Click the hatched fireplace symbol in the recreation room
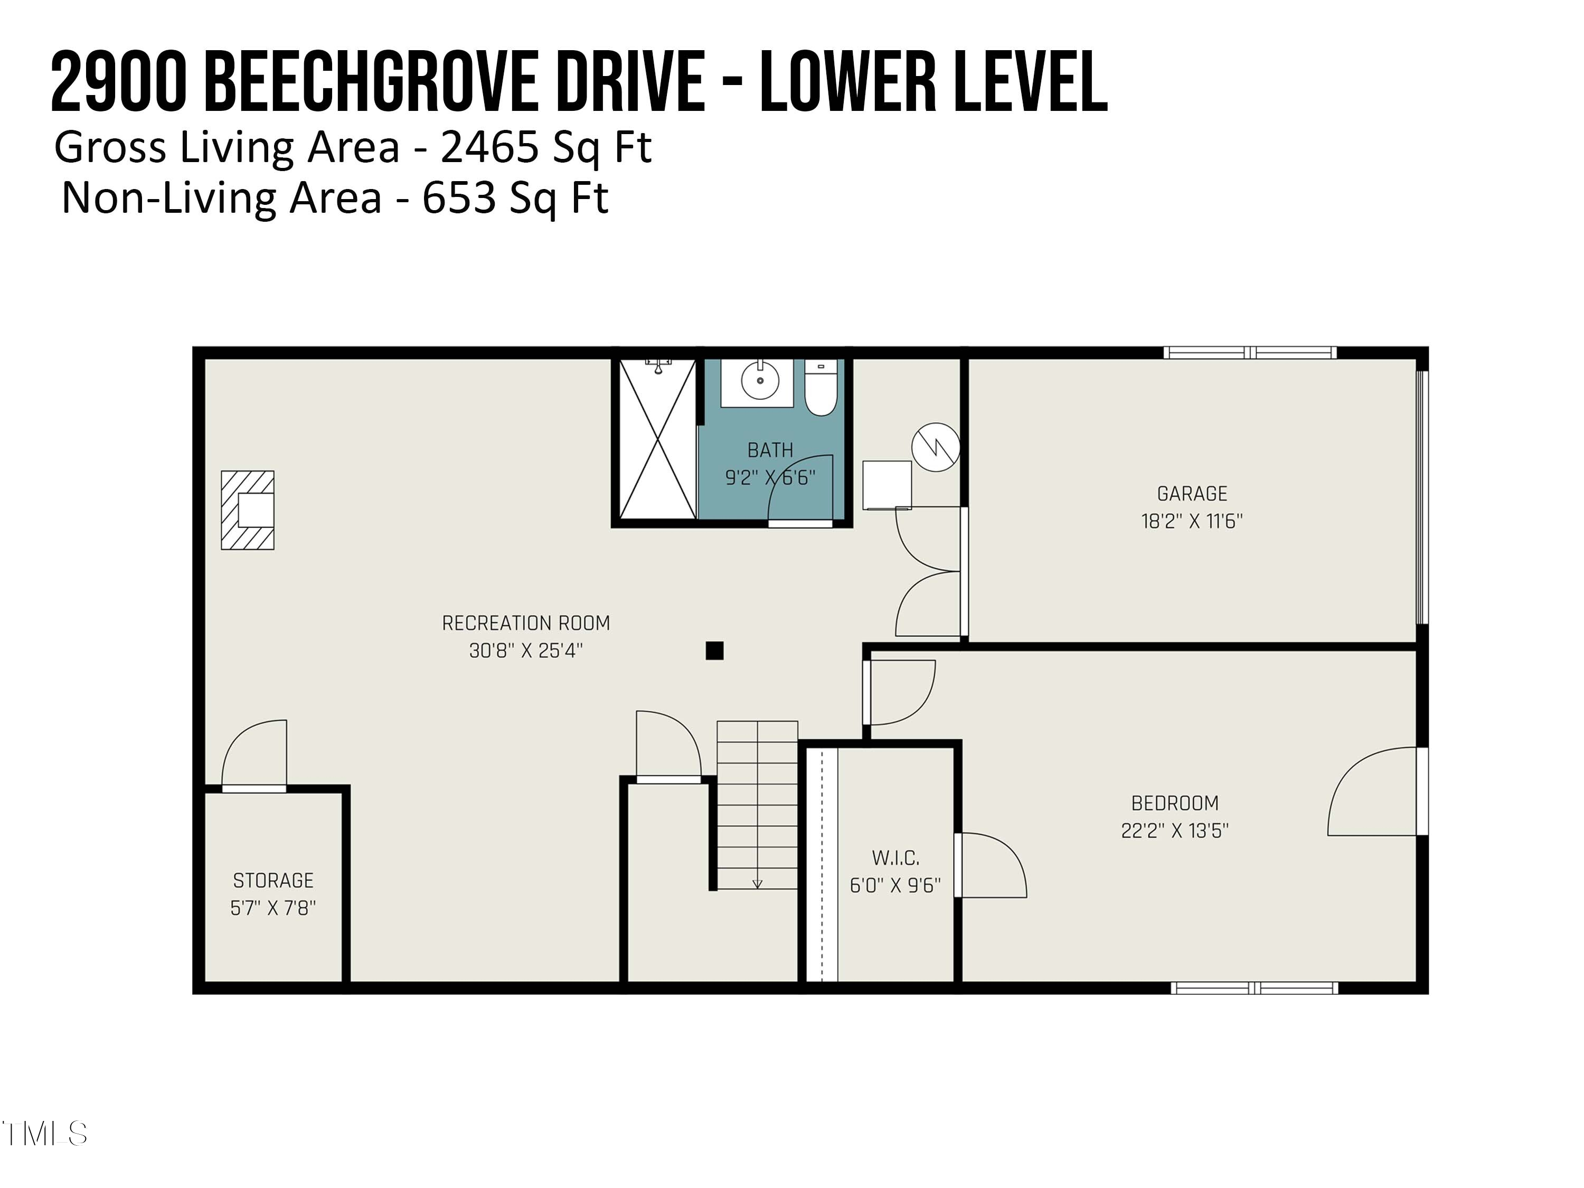(x=248, y=510)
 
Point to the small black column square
(x=714, y=650)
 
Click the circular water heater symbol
(x=935, y=448)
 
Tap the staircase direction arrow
(x=758, y=884)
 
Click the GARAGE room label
(x=1192, y=493)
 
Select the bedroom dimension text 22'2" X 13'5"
(x=1174, y=831)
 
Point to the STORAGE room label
(x=273, y=880)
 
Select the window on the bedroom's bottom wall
(x=1254, y=988)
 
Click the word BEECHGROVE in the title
(x=372, y=83)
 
